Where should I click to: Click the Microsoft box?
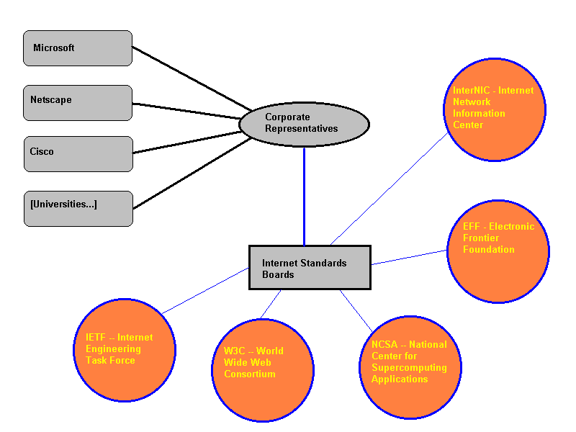tap(78, 48)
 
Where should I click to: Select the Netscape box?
tap(78, 102)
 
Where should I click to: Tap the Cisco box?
tap(78, 153)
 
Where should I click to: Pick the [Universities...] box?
tap(78, 208)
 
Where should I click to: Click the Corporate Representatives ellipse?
tap(304, 124)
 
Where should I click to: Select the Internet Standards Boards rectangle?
tap(310, 267)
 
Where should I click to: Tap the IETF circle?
tap(125, 351)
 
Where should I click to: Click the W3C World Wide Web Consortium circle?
tap(264, 370)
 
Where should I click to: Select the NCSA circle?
tap(410, 367)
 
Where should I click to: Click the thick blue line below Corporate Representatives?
tap(304, 194)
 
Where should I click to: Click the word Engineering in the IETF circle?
tap(108, 349)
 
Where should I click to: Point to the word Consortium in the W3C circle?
tap(250, 374)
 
